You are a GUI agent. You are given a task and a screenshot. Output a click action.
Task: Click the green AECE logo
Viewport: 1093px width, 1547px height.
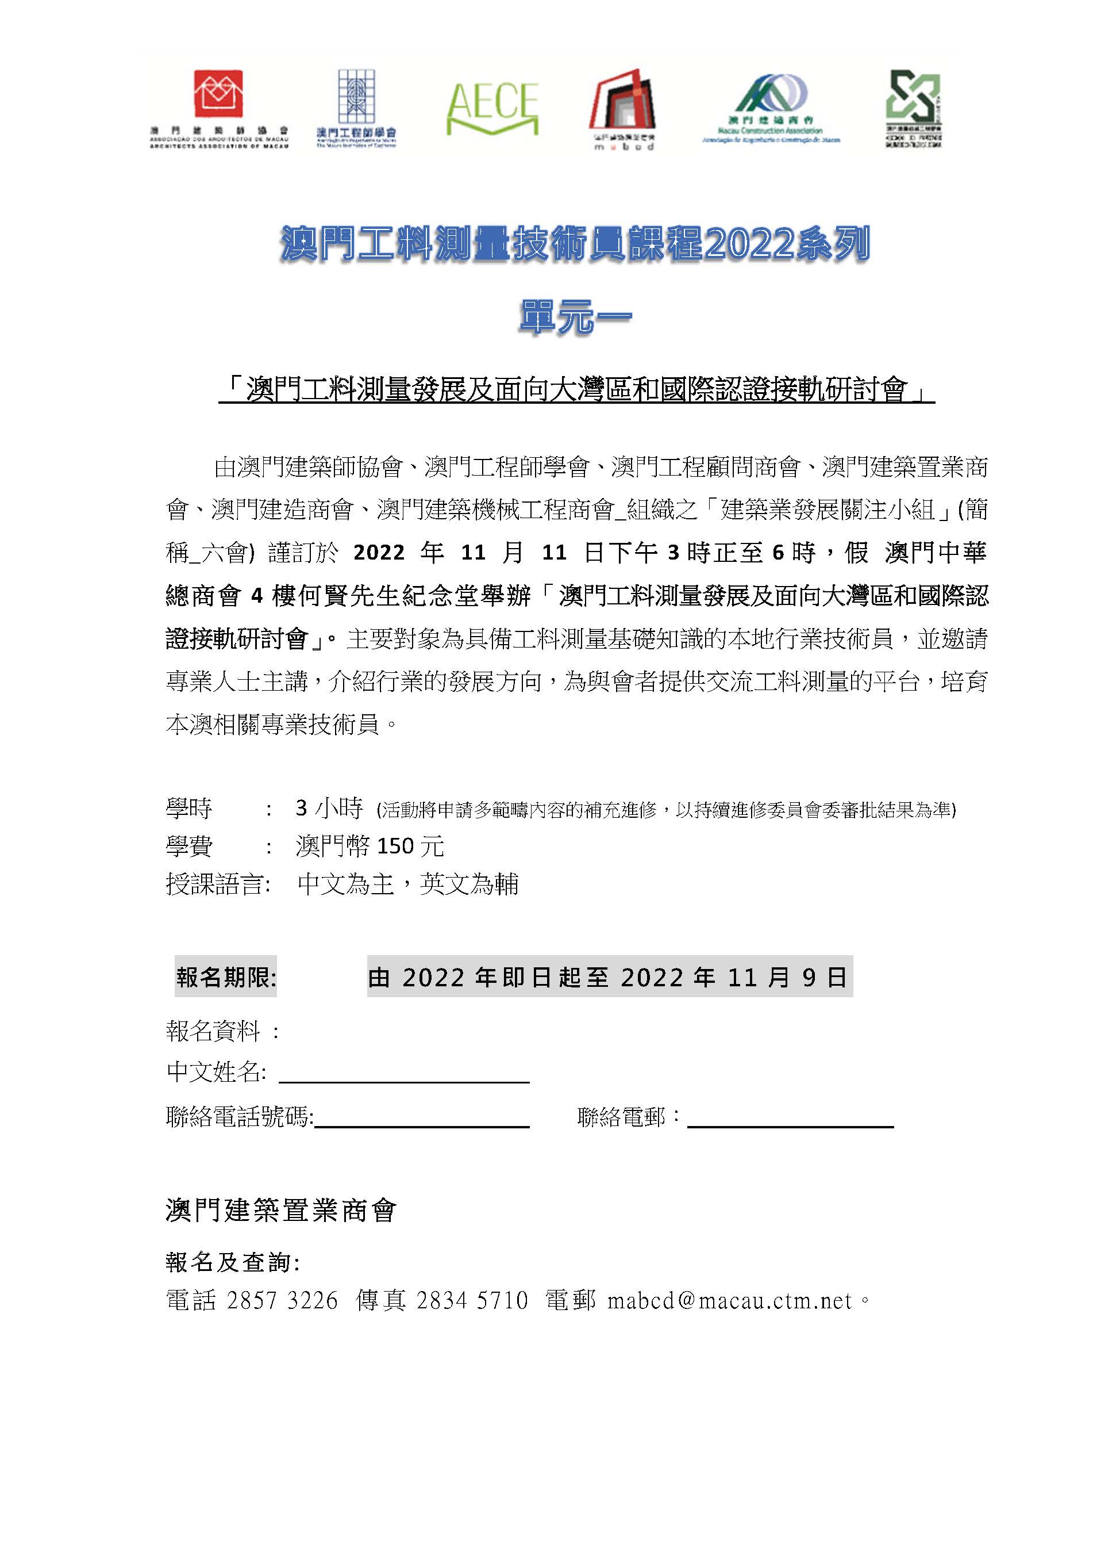(x=492, y=108)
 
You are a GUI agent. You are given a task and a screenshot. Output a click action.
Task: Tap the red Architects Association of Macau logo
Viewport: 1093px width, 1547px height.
(x=218, y=94)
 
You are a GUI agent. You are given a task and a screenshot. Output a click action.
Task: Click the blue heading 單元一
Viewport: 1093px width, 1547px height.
(x=575, y=317)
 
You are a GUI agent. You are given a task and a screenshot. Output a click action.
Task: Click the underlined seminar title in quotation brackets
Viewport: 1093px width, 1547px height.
(x=576, y=390)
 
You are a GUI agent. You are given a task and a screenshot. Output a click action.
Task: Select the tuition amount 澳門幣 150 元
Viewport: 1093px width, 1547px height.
(x=370, y=847)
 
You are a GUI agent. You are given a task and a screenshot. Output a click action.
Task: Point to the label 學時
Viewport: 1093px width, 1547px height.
(x=189, y=808)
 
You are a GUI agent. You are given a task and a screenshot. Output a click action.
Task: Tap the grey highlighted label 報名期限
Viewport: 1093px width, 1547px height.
(x=226, y=977)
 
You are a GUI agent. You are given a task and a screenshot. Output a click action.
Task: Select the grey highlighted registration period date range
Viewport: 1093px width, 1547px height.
(x=610, y=977)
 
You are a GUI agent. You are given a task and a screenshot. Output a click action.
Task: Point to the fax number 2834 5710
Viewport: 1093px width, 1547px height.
(x=472, y=1300)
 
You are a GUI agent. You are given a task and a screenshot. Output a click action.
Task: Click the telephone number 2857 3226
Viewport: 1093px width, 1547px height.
(x=282, y=1300)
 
